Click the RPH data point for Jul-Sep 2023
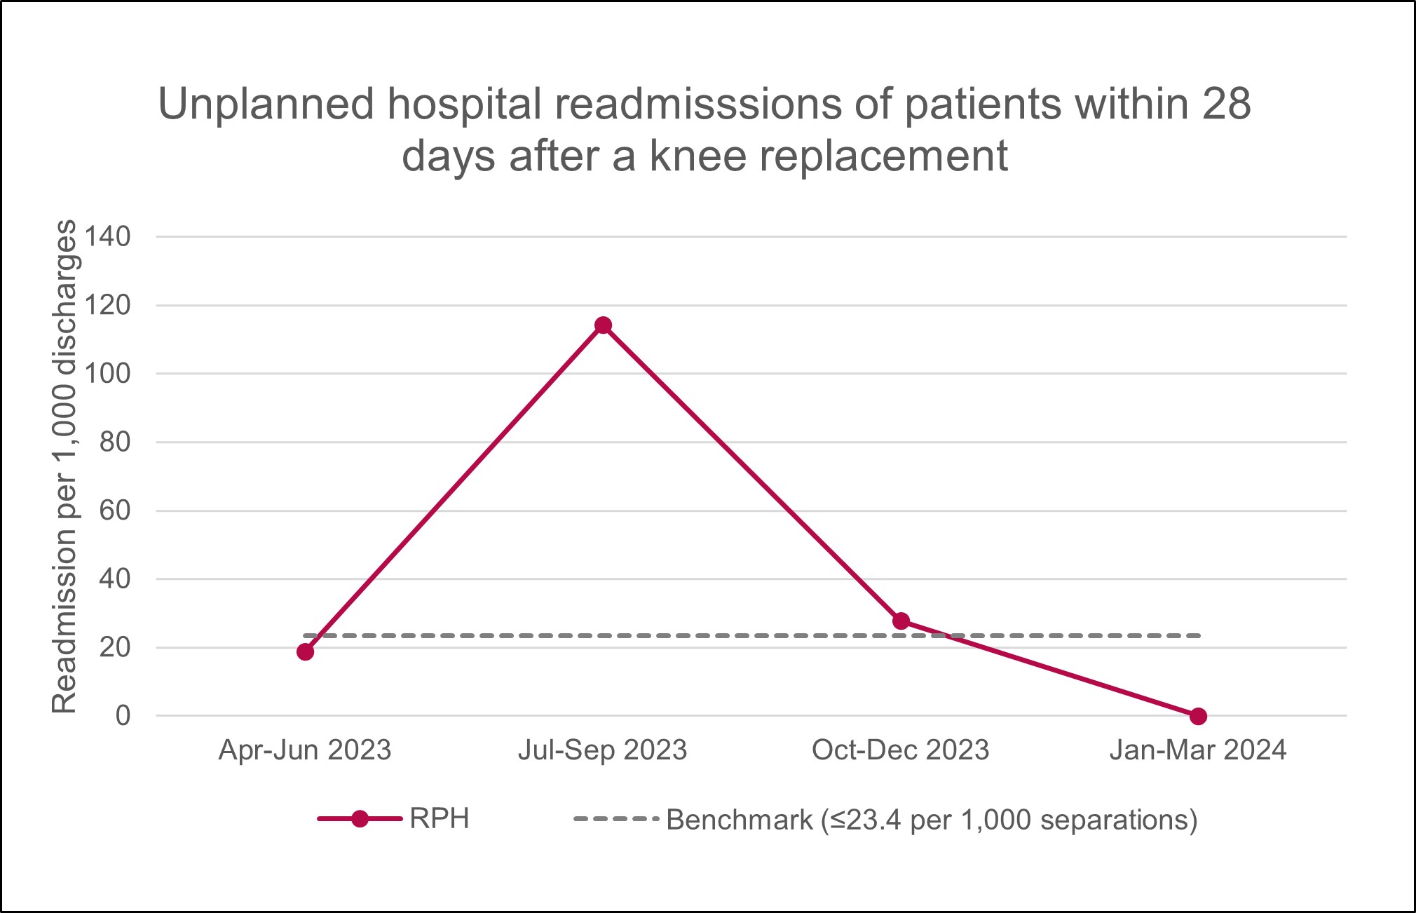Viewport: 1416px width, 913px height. [x=603, y=325]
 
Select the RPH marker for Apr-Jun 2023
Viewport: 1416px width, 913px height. [x=305, y=652]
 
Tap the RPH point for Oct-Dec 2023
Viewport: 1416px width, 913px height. [x=901, y=621]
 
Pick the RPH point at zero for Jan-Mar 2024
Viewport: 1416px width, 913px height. [x=1198, y=716]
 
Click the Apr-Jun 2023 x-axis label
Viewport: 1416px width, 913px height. [x=305, y=750]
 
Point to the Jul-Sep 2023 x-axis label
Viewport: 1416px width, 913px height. [x=603, y=750]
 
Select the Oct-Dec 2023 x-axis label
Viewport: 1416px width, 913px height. [x=900, y=750]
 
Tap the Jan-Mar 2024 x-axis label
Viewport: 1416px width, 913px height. [x=1197, y=750]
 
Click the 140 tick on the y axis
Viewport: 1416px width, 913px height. [x=108, y=237]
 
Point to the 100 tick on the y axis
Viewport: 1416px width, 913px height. [x=108, y=374]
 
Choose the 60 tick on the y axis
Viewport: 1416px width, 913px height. [x=115, y=510]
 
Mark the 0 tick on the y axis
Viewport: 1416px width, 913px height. [x=123, y=716]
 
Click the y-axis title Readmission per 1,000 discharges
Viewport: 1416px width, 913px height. [x=64, y=466]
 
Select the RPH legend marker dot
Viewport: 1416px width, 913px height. [x=360, y=819]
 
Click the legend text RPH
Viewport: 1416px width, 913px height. [x=440, y=819]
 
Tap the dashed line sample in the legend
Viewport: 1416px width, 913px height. [x=615, y=819]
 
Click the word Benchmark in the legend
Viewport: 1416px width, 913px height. [x=739, y=819]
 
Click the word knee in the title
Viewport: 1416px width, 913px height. [x=698, y=156]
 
